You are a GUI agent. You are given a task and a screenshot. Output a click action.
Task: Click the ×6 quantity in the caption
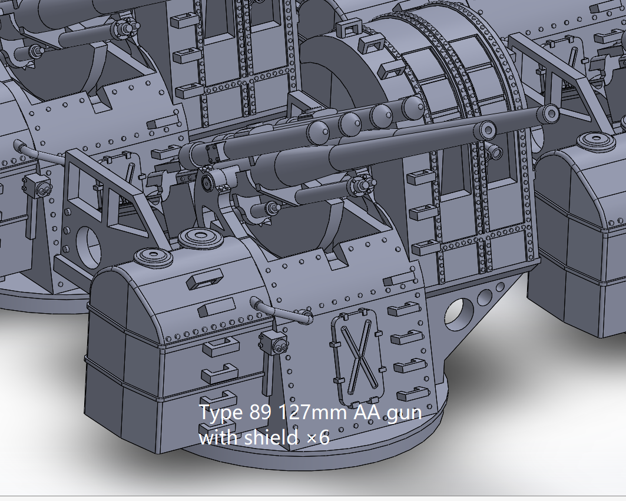[315, 439]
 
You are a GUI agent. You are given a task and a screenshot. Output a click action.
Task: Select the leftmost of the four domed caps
[319, 130]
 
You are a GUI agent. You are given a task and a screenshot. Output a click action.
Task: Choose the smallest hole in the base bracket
[501, 287]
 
